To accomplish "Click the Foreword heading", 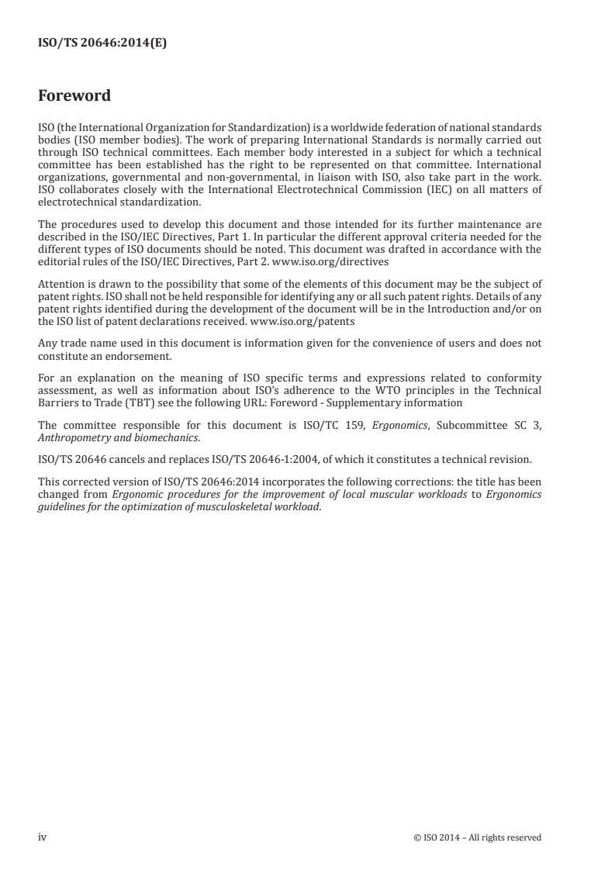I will pyautogui.click(x=74, y=96).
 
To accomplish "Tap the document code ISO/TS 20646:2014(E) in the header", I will pyautogui.click(x=102, y=44).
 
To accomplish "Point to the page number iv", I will pyautogui.click(x=43, y=837).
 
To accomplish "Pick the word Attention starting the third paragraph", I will pyautogui.click(x=60, y=284).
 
